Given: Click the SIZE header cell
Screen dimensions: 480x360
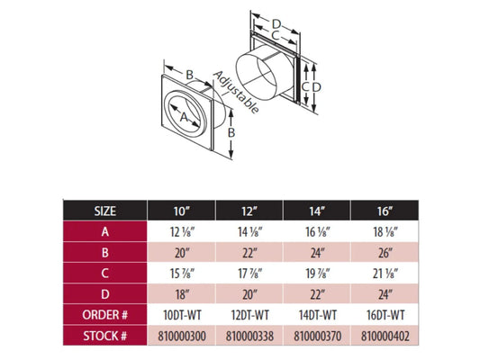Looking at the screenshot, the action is [104, 211].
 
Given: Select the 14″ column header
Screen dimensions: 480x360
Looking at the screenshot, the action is [316, 211].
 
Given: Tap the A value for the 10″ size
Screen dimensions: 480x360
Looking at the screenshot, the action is [182, 232].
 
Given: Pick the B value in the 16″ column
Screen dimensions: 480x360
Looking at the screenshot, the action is [385, 253].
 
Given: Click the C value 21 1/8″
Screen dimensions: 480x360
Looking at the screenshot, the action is [385, 274].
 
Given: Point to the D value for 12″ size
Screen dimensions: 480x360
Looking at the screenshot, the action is [249, 294].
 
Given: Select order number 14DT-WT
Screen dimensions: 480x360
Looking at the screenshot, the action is [318, 315].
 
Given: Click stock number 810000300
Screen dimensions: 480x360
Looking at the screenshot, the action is [182, 336].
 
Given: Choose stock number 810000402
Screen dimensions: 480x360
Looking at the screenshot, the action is [385, 336].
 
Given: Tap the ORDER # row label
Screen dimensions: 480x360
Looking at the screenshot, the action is [104, 315].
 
